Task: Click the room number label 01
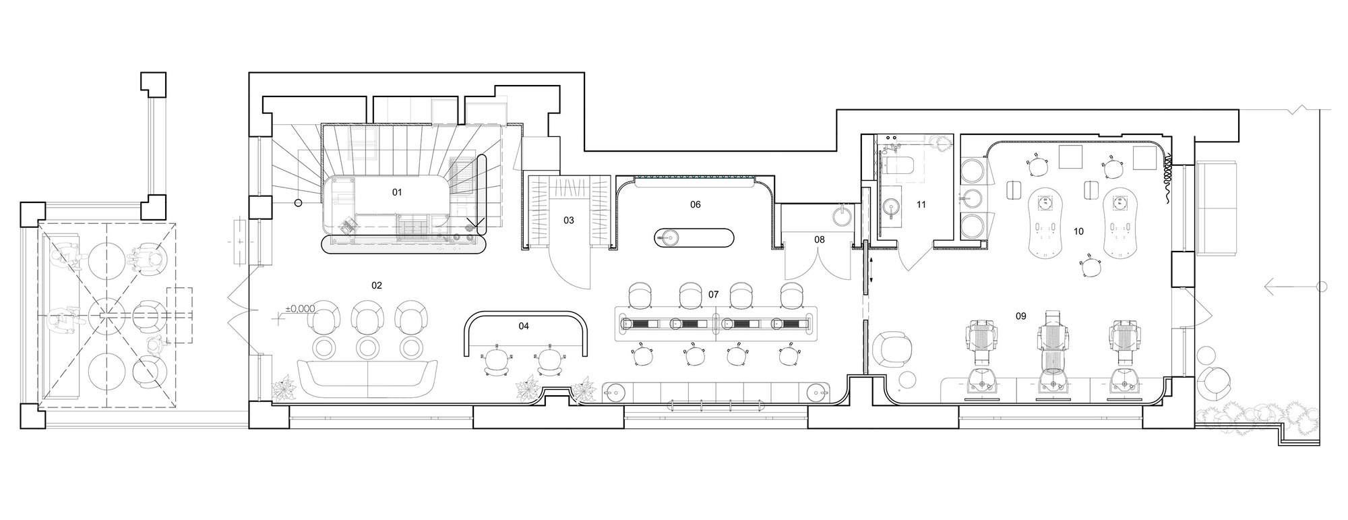tap(397, 192)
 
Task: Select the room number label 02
tap(377, 285)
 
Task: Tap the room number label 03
tap(569, 221)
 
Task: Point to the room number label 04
tap(524, 326)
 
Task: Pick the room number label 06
tap(695, 204)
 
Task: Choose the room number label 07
tap(714, 295)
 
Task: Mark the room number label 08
tap(819, 239)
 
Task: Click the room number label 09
tap(1021, 316)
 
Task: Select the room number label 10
tap(1078, 231)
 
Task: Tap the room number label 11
tap(921, 204)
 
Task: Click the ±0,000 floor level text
tap(300, 309)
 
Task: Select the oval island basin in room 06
tap(694, 237)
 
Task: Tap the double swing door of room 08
tap(818, 263)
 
